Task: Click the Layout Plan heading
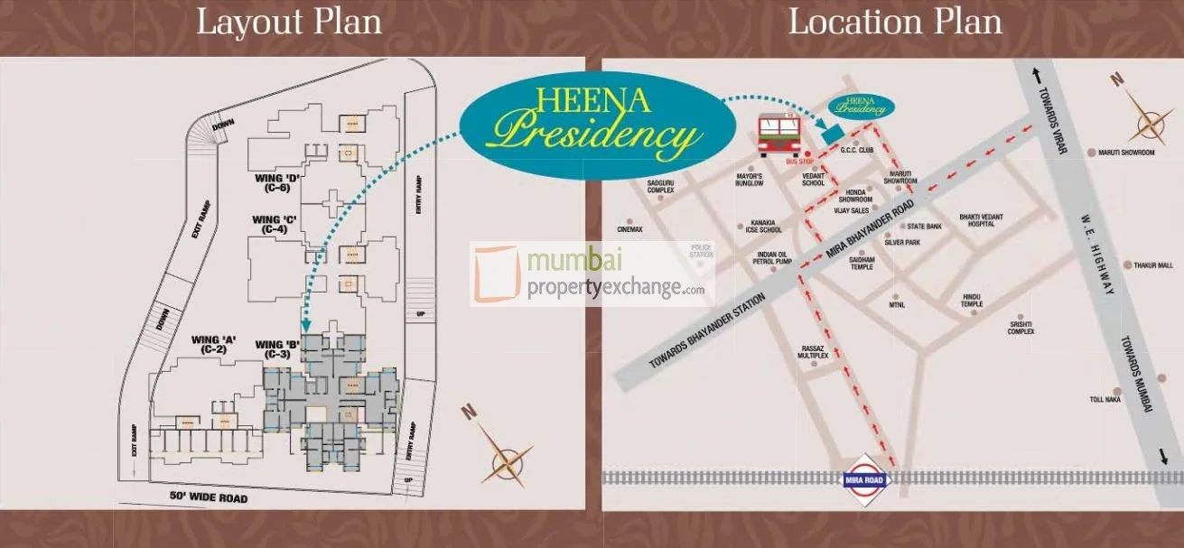point(289,22)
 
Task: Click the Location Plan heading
point(895,22)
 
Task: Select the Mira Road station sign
point(866,478)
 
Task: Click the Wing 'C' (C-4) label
point(275,225)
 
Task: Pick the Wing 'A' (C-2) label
point(213,345)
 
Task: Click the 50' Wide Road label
point(209,497)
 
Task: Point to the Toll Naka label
point(1105,398)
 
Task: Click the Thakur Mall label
point(1152,265)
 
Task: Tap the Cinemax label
point(629,229)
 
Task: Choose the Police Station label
point(702,250)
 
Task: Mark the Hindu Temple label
point(972,301)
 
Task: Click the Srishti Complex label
point(1021,327)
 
